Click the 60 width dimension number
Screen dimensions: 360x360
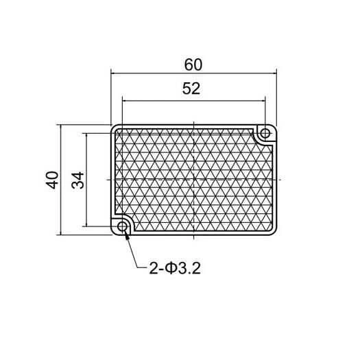[x=193, y=64]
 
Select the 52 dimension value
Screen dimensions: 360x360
[x=191, y=88]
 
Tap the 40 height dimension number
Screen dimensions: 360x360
[x=52, y=180]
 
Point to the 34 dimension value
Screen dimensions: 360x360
[x=78, y=180]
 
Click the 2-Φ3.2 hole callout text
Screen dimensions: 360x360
[x=175, y=268]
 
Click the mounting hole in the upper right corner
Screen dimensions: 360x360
[x=265, y=133]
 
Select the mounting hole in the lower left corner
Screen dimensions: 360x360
[x=122, y=226]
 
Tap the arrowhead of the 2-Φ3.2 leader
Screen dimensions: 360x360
[x=127, y=235]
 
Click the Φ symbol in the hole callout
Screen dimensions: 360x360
[x=171, y=268]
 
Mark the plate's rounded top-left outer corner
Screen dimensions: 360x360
[x=113, y=127]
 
